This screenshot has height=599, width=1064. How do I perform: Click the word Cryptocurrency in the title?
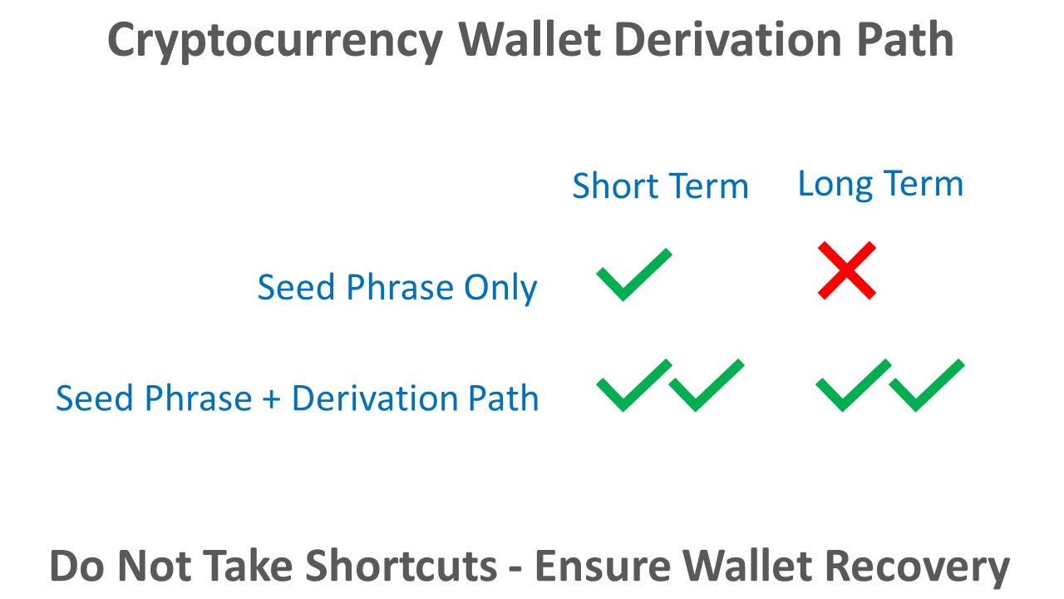coord(275,39)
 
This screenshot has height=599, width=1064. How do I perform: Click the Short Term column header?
coord(660,186)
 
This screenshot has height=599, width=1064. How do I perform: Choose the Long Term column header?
coord(880,184)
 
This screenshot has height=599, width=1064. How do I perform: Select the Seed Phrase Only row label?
coord(397,288)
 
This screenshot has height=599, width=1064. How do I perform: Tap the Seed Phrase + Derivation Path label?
coord(297,399)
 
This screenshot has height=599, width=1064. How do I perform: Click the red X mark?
coord(846,270)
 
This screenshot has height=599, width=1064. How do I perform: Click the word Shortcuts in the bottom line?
coord(403,567)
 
